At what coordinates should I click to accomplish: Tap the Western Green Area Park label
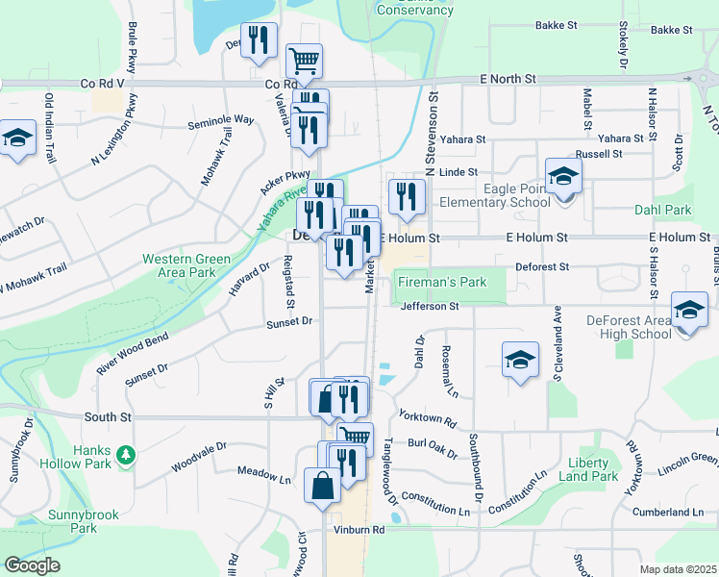pyautogui.click(x=179, y=265)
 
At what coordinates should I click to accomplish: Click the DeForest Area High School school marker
pyautogui.click(x=689, y=312)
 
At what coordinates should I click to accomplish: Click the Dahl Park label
pyautogui.click(x=662, y=210)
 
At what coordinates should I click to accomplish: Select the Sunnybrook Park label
pyautogui.click(x=84, y=521)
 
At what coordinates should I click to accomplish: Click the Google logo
pyautogui.click(x=32, y=564)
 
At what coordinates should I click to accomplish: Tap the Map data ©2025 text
pyautogui.click(x=679, y=569)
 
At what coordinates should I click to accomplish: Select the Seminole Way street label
pyautogui.click(x=220, y=120)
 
